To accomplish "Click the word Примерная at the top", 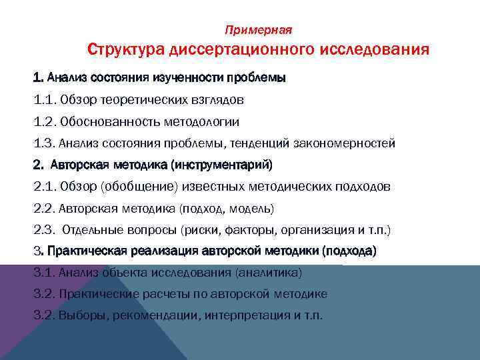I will pos(259,30).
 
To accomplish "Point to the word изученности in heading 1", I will pos(189,78).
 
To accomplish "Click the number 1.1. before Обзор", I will pos(44,100).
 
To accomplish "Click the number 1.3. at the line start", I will pos(44,143).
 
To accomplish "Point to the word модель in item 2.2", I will pos(251,208).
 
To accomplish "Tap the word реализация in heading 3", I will pos(167,251).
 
